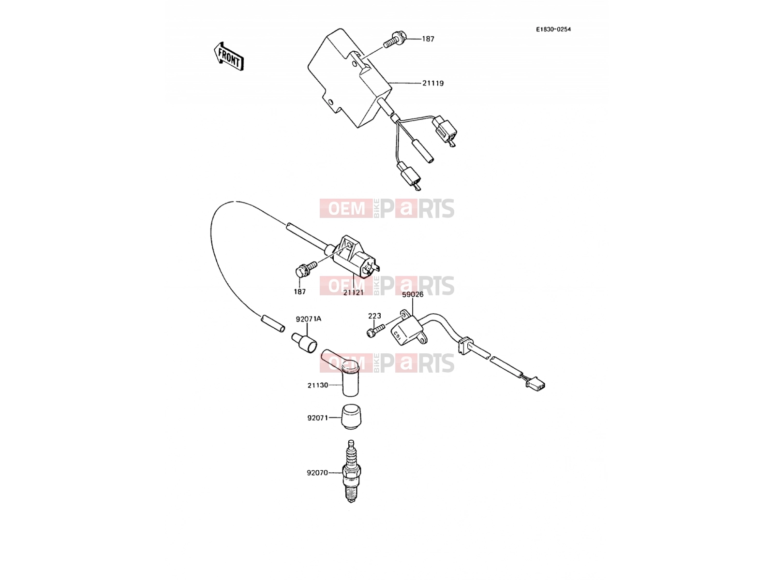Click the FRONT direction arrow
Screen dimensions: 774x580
229,57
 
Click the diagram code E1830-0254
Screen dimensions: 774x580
553,29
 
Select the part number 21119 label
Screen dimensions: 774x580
433,84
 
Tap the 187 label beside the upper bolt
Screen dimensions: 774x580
428,39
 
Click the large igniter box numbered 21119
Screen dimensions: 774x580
349,77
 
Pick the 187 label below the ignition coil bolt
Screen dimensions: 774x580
300,291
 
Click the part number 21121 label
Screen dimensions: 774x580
353,292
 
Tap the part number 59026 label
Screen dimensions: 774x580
413,294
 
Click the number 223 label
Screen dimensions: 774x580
374,316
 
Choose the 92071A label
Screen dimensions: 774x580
309,319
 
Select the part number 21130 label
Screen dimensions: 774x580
318,385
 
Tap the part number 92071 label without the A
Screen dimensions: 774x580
318,418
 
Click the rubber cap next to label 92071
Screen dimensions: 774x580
351,417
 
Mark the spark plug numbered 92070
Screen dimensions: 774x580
351,471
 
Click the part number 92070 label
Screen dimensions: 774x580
317,473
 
